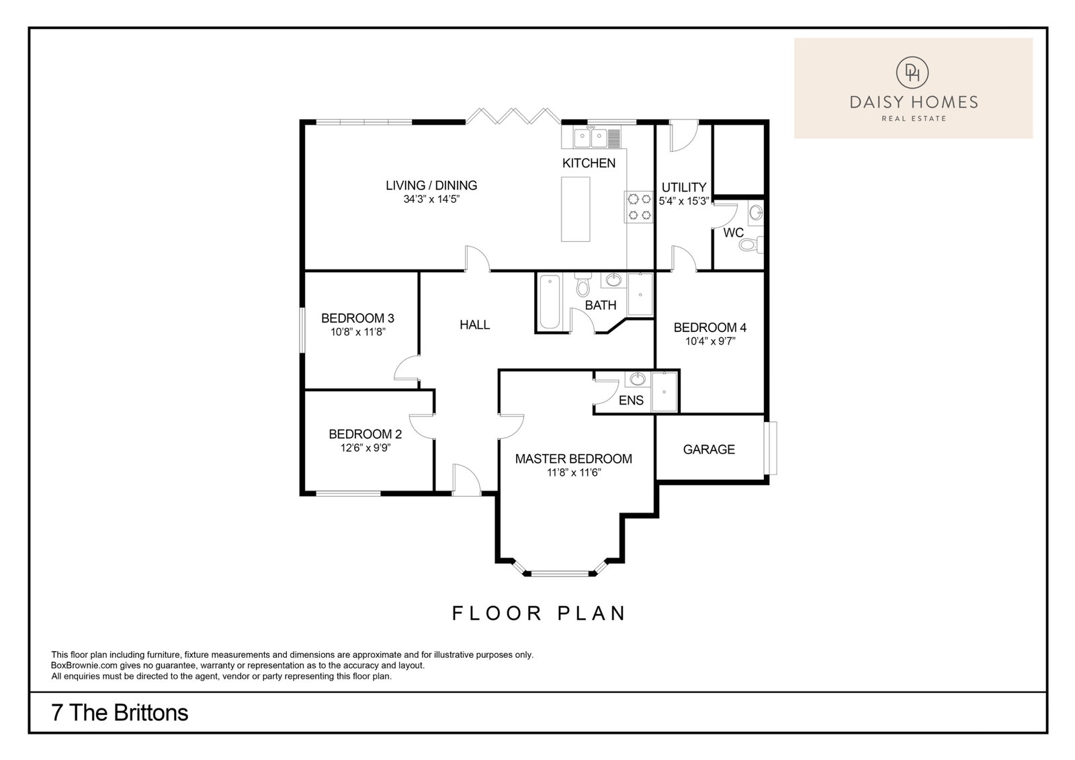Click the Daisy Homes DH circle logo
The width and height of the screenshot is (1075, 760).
pos(912,73)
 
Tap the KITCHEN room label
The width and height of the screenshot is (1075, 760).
pos(589,163)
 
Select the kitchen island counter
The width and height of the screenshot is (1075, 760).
pos(575,209)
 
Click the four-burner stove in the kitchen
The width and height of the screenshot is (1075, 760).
pos(639,207)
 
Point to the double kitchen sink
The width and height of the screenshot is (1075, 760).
pos(591,138)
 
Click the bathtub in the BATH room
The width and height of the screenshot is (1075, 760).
pos(550,302)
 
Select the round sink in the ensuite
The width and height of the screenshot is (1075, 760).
pos(638,379)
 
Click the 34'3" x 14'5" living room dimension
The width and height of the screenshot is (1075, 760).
pos(431,200)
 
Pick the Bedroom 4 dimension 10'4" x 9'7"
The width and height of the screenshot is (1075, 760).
pos(710,341)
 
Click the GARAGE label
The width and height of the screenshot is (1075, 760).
pos(709,450)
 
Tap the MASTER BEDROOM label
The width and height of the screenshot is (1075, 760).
pos(574,459)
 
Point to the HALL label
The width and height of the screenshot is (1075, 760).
pos(474,325)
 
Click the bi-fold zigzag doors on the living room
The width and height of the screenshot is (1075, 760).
pos(513,117)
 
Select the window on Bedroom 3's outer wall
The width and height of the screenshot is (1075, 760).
pos(303,331)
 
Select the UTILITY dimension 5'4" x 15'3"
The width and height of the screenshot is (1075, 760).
pos(684,201)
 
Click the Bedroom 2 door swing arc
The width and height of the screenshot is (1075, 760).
pos(415,427)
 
